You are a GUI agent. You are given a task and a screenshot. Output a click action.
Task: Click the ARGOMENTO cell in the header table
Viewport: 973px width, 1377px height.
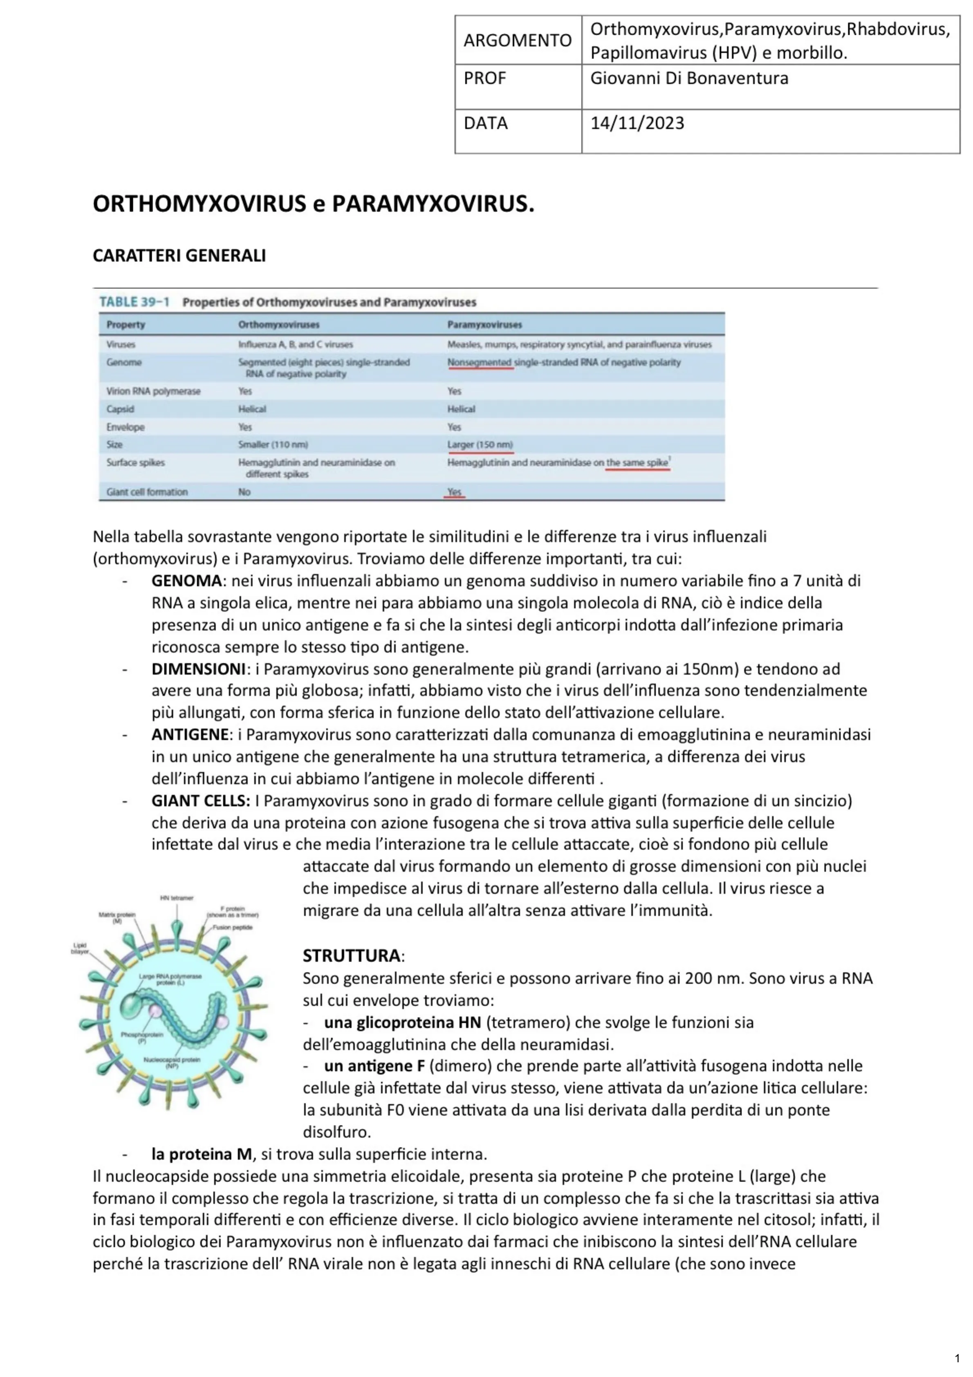(517, 40)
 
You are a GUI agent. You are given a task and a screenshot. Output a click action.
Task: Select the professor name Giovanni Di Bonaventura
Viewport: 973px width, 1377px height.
(688, 78)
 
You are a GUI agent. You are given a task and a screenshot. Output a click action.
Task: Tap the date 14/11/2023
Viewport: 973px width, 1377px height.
(637, 123)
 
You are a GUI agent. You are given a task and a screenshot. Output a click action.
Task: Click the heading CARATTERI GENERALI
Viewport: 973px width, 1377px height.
(179, 256)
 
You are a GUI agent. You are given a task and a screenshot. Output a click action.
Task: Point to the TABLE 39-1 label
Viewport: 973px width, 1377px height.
(135, 302)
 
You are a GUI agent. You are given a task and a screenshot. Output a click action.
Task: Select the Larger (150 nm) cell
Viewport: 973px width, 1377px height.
(480, 444)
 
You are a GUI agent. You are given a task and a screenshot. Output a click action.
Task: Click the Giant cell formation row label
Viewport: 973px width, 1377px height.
(147, 492)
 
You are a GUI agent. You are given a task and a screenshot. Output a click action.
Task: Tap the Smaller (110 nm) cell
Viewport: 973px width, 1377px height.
(273, 444)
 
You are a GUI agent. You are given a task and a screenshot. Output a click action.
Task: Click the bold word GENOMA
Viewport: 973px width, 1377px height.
(186, 581)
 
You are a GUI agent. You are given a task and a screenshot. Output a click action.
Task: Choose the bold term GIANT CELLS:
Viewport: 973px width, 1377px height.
(200, 801)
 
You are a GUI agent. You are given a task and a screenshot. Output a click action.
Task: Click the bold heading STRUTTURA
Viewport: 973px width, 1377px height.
(352, 955)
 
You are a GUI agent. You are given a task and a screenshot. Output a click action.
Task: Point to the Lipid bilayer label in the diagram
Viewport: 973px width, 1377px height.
(80, 948)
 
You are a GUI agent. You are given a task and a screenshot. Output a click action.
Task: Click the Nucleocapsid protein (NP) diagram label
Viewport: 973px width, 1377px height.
(172, 1063)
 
